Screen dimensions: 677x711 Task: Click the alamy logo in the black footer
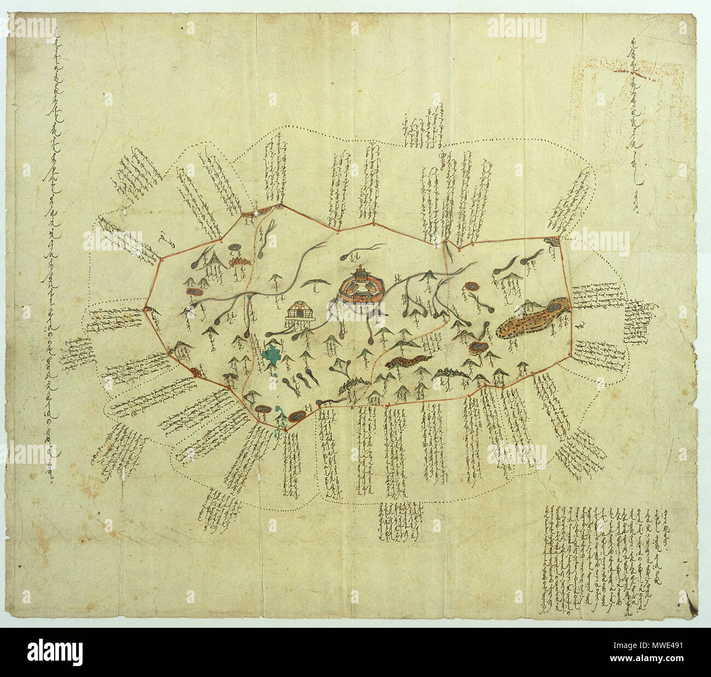click(55, 652)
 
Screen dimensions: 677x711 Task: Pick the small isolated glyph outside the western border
click(164, 238)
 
